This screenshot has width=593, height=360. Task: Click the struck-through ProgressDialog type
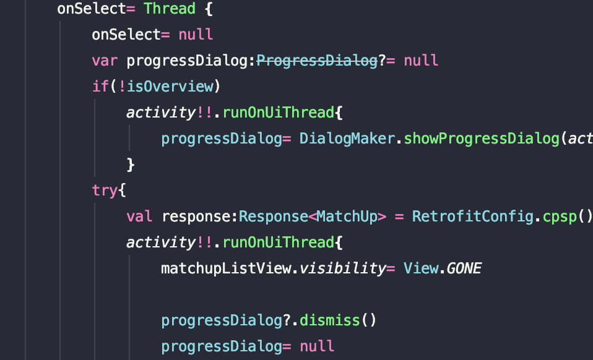(316, 61)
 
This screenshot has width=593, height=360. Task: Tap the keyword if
(100, 87)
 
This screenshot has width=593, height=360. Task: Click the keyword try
(104, 191)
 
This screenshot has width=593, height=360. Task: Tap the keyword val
(139, 216)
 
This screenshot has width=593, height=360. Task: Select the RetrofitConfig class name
(472, 216)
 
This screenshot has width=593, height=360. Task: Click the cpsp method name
(559, 216)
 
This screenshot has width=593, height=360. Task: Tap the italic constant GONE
(464, 268)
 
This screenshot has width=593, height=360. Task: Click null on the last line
(317, 346)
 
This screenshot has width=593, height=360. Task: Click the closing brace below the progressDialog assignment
(131, 165)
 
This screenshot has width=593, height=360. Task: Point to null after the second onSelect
(196, 35)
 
